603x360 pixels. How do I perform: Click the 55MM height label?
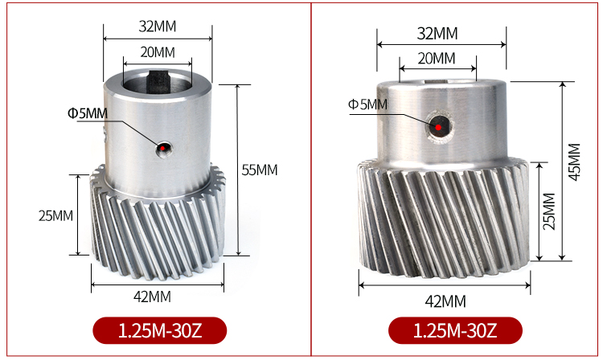[x=260, y=170]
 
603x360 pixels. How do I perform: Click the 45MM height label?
[x=574, y=162]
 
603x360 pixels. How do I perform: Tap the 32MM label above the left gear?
[x=158, y=27]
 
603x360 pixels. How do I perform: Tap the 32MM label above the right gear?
[x=437, y=34]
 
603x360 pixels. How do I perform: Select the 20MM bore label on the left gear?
[x=158, y=52]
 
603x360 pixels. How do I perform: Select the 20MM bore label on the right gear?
[x=437, y=59]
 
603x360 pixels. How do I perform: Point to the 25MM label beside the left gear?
[x=55, y=215]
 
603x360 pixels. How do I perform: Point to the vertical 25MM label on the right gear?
[x=549, y=211]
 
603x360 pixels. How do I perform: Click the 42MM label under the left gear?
[x=152, y=297]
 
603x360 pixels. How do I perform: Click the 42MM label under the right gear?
[x=445, y=301]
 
